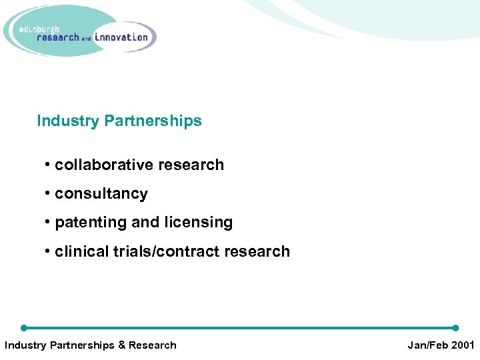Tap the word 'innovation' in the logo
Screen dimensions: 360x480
[x=121, y=37]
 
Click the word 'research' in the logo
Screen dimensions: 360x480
[x=57, y=37]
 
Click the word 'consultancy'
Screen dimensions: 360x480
[x=101, y=194]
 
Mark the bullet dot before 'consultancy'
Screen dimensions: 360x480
[x=48, y=194]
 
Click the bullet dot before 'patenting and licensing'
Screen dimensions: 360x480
[x=48, y=223]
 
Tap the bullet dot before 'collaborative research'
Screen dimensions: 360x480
[x=48, y=165]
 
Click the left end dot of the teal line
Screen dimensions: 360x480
[x=24, y=327]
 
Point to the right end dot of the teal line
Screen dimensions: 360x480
[x=455, y=327]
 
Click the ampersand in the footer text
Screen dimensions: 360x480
[x=122, y=345]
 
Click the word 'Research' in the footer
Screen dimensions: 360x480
[x=153, y=345]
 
